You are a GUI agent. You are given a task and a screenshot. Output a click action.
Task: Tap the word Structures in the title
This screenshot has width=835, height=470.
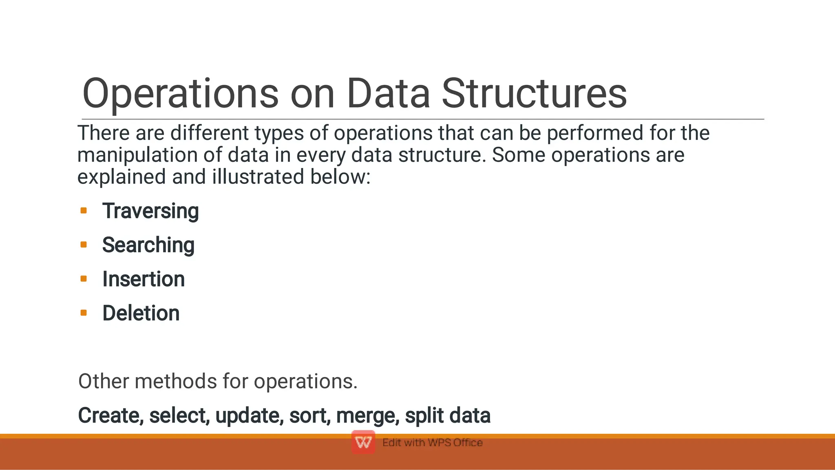click(534, 94)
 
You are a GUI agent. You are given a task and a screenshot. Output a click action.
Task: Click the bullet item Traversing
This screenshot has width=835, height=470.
click(150, 211)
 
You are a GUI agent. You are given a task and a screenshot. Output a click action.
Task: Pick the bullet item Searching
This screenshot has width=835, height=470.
click(148, 245)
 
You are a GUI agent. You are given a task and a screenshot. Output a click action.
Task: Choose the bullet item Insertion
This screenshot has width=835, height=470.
click(144, 279)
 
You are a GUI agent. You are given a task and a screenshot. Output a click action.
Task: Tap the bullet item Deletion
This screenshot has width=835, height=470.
click(141, 313)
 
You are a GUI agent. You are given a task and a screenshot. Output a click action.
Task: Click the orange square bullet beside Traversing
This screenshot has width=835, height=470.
click(84, 211)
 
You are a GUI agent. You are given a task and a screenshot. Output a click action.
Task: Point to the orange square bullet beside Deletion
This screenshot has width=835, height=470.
click(84, 313)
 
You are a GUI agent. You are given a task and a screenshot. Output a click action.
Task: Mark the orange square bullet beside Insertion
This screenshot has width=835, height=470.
click(84, 279)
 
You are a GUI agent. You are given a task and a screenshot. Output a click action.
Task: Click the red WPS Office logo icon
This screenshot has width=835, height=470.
click(363, 442)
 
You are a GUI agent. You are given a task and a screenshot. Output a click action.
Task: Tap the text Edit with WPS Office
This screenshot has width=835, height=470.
click(432, 443)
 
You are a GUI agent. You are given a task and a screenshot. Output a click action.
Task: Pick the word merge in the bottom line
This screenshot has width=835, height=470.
click(368, 416)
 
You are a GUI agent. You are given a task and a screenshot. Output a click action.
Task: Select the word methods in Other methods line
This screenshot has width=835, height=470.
click(176, 382)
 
